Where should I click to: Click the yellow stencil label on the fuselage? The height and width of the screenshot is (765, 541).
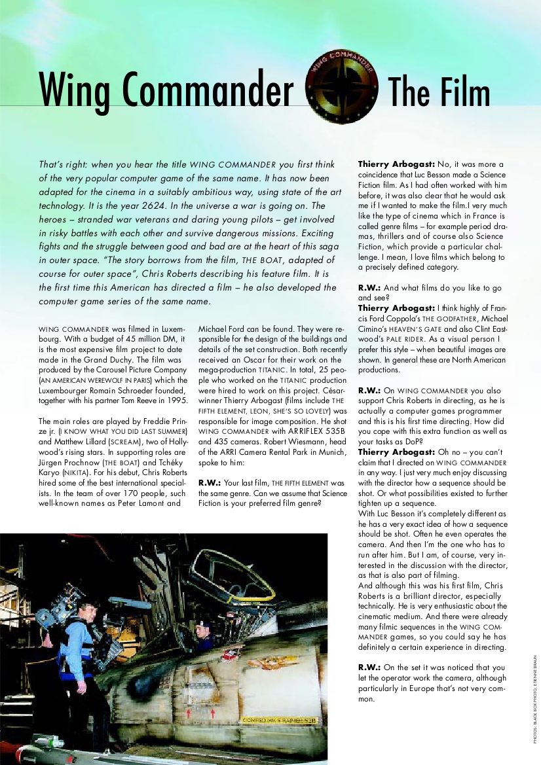coord(275,720)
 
